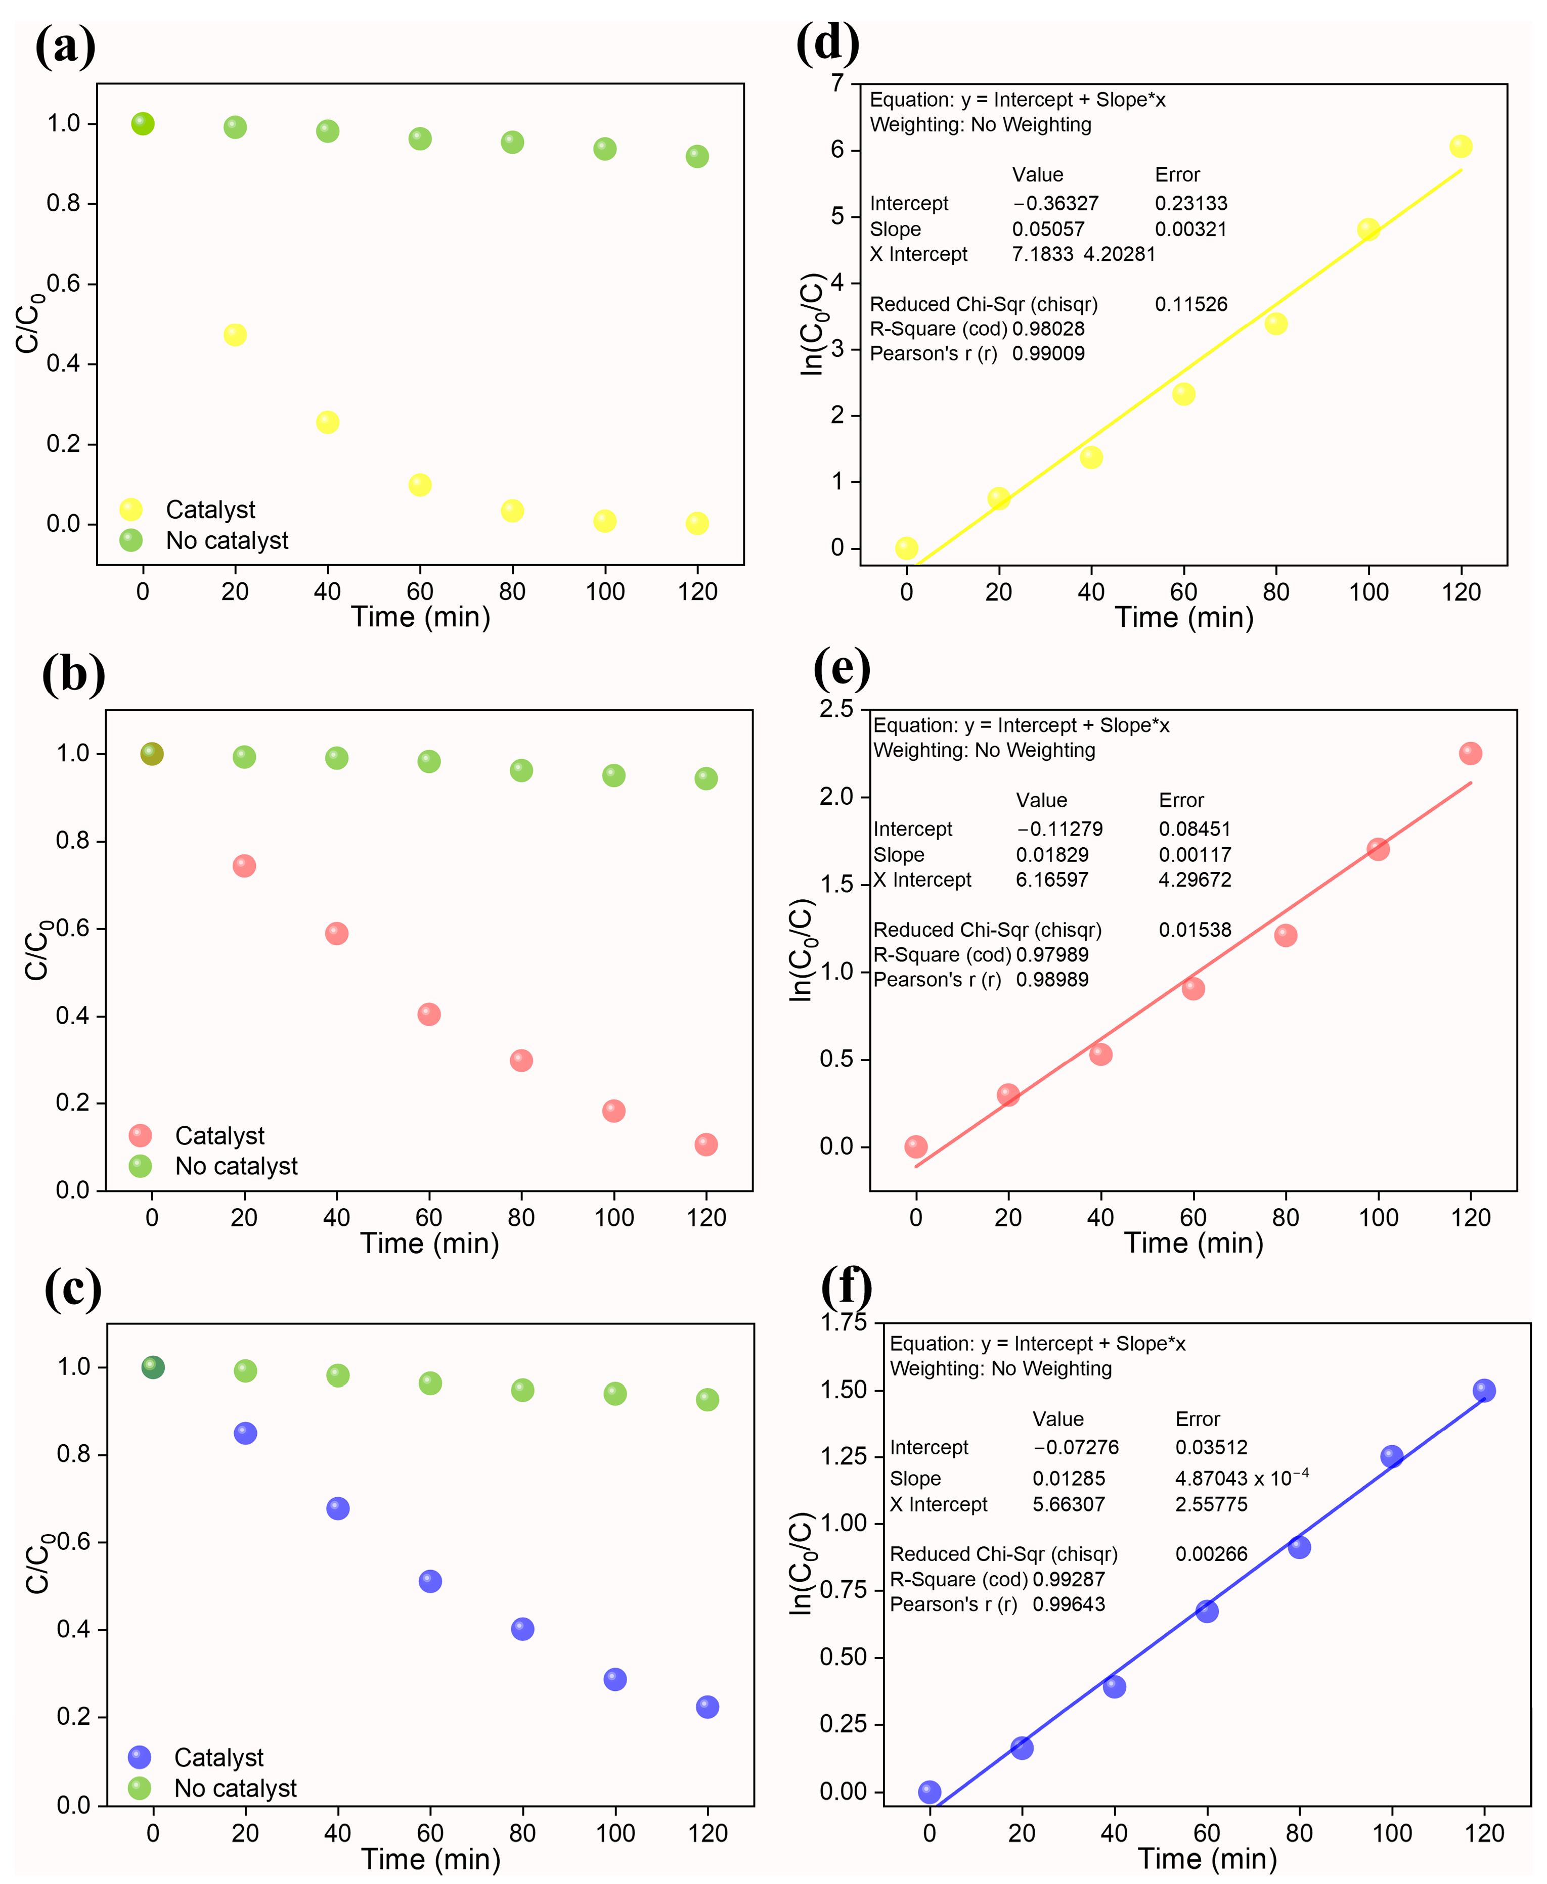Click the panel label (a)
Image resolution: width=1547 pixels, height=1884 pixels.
[x=65, y=47]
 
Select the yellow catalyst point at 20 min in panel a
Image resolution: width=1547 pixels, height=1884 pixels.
[x=234, y=335]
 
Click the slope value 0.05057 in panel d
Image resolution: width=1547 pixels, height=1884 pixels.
[x=1048, y=229]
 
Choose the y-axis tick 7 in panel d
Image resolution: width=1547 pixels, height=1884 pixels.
[x=837, y=83]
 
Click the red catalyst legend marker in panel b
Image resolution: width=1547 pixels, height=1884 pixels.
[x=140, y=1135]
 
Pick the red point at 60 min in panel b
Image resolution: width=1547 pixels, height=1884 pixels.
[x=429, y=1014]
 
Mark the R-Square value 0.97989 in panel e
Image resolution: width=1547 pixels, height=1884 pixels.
[x=1051, y=954]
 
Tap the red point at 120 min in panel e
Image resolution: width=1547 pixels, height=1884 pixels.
[x=1470, y=754]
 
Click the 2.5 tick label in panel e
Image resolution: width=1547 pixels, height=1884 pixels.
[x=836, y=709]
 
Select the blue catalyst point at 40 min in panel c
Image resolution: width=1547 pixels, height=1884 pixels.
[x=338, y=1508]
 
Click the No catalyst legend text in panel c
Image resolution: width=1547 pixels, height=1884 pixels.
[x=235, y=1788]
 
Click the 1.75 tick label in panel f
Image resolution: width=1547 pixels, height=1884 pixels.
[x=843, y=1322]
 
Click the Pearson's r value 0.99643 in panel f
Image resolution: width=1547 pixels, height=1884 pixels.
[x=1069, y=1604]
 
